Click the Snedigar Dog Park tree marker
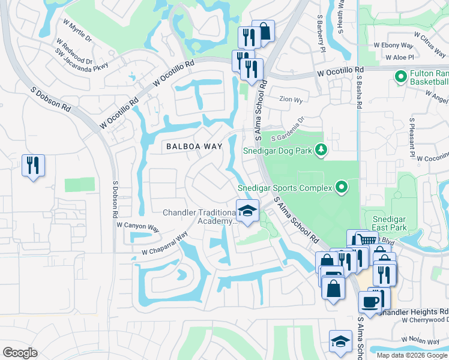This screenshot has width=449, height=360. point(322,149)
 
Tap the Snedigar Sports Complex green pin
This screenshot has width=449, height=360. point(342,188)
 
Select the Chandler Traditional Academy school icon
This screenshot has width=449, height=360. point(247,211)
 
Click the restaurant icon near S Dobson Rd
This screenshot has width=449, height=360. point(33,165)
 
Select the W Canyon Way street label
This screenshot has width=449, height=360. point(137,227)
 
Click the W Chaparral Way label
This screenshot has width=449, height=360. point(161,247)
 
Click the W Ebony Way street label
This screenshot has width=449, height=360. point(394,44)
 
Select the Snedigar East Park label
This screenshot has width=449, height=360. point(390,223)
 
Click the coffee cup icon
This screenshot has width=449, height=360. point(370,301)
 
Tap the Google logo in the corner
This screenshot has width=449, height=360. point(20,352)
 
